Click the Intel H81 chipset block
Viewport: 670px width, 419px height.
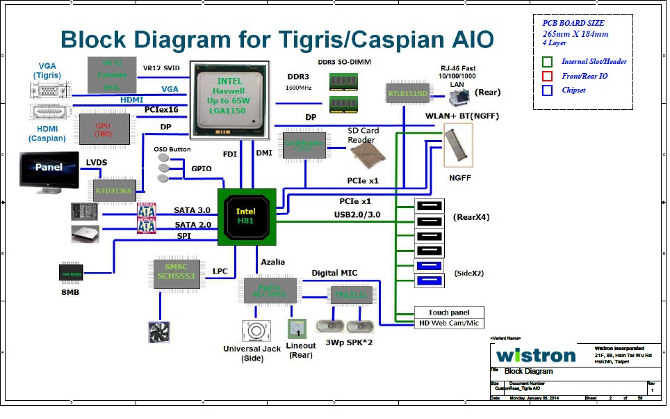point(247,216)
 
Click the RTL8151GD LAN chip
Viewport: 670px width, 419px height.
point(406,93)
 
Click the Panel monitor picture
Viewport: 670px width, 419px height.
point(49,171)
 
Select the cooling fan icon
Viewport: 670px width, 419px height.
point(160,331)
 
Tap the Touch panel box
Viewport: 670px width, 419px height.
point(448,313)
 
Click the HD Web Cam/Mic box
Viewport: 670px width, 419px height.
point(448,323)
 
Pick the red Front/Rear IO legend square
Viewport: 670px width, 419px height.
point(548,76)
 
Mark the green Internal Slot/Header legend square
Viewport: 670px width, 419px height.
point(548,62)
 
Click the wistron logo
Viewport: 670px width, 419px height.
point(536,355)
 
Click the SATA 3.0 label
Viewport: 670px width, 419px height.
point(192,209)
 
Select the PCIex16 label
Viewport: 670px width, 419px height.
point(161,110)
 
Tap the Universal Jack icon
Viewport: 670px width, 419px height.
point(255,331)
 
